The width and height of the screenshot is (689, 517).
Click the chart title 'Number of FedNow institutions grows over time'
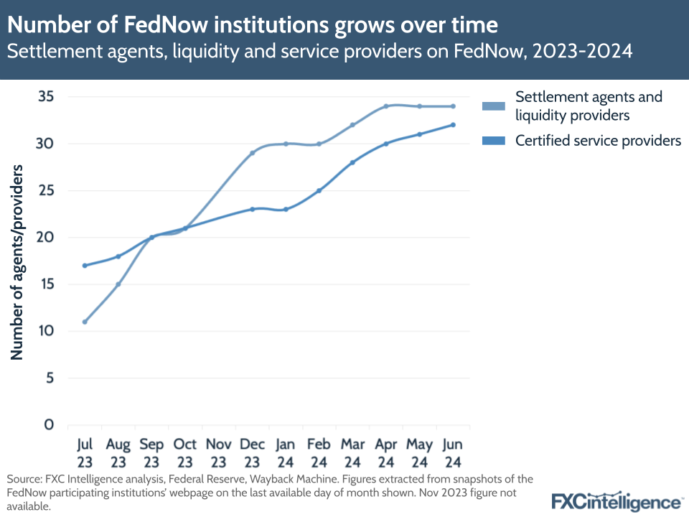(x=253, y=25)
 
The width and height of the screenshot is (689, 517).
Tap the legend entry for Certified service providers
(x=598, y=141)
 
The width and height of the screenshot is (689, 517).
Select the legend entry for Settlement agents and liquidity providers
(x=589, y=106)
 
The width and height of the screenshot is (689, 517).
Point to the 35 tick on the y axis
(x=45, y=97)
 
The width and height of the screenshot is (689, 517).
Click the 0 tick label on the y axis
(x=50, y=424)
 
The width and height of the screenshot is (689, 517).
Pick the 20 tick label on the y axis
(x=45, y=238)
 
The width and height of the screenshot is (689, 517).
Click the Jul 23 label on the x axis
(x=85, y=452)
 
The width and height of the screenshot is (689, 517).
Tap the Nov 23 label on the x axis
(x=219, y=452)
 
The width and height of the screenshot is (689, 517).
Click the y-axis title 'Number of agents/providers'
(x=17, y=261)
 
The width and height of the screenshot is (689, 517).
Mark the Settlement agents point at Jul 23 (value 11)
(x=85, y=322)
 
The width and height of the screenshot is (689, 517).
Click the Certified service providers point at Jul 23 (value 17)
(x=85, y=266)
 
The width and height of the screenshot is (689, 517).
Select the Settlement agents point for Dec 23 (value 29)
(x=252, y=153)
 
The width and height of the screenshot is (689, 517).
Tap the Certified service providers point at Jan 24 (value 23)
(x=286, y=209)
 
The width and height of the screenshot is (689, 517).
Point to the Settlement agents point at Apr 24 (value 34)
(x=386, y=106)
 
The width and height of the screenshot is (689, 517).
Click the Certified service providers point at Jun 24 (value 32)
(x=453, y=125)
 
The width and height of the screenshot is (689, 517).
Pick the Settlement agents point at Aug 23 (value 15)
(x=118, y=284)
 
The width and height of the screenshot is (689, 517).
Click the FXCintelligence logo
(x=617, y=500)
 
